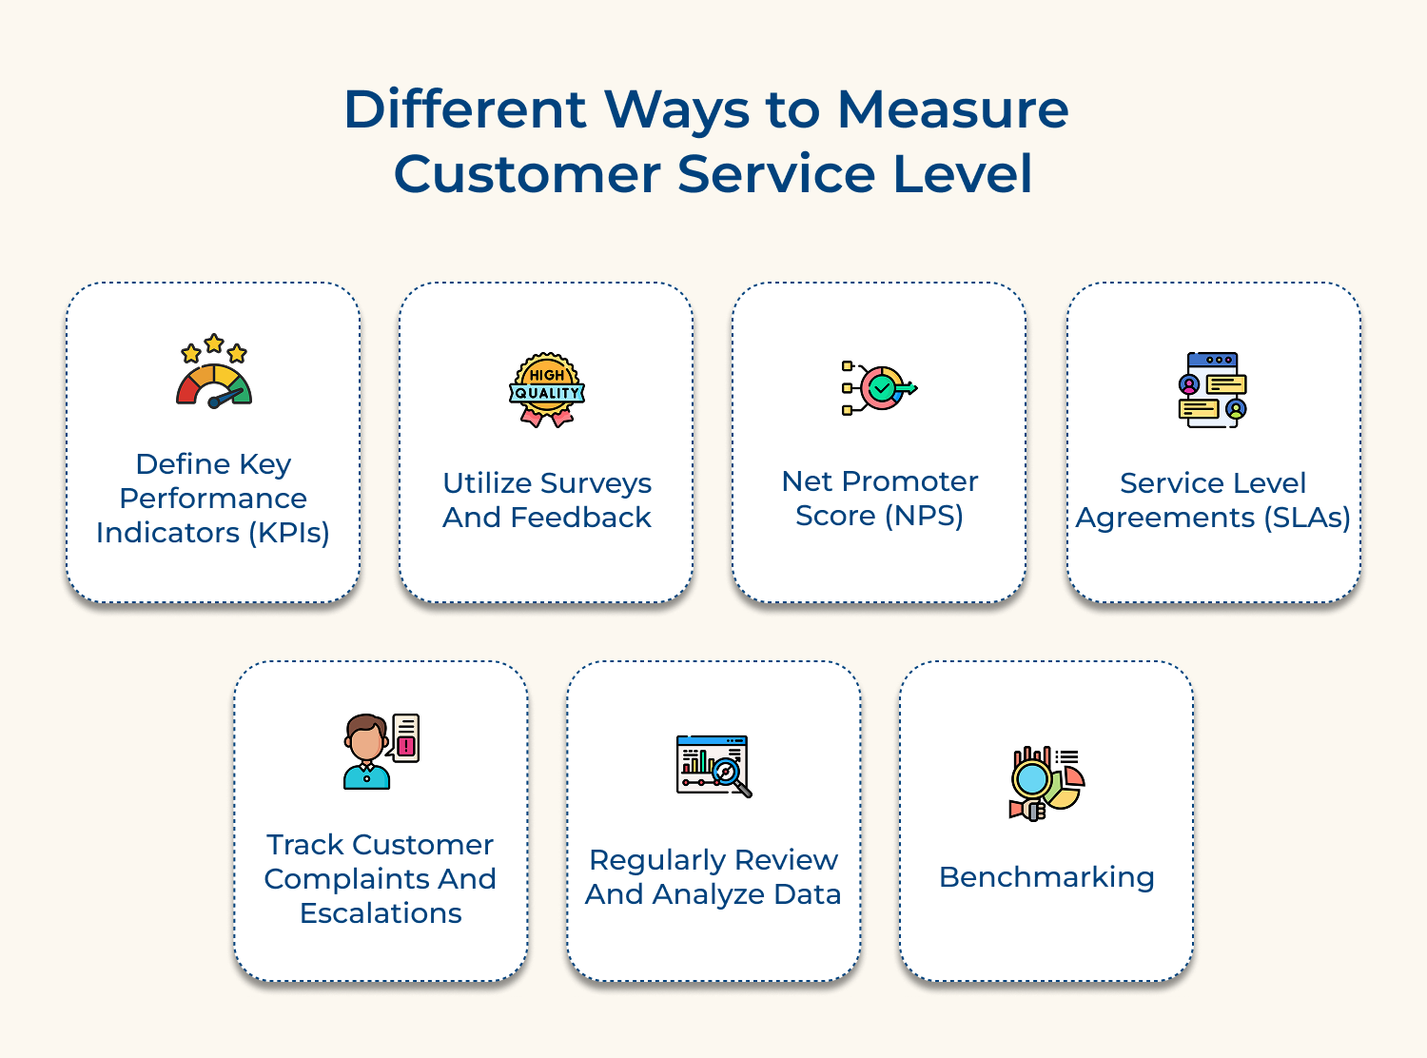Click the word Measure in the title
click(952, 109)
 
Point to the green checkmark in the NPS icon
click(883, 387)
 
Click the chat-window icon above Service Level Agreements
click(1212, 389)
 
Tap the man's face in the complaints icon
click(364, 743)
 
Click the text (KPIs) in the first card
click(289, 533)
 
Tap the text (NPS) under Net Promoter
click(924, 516)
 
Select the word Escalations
click(381, 913)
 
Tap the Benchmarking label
click(1046, 876)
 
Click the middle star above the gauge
click(214, 343)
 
